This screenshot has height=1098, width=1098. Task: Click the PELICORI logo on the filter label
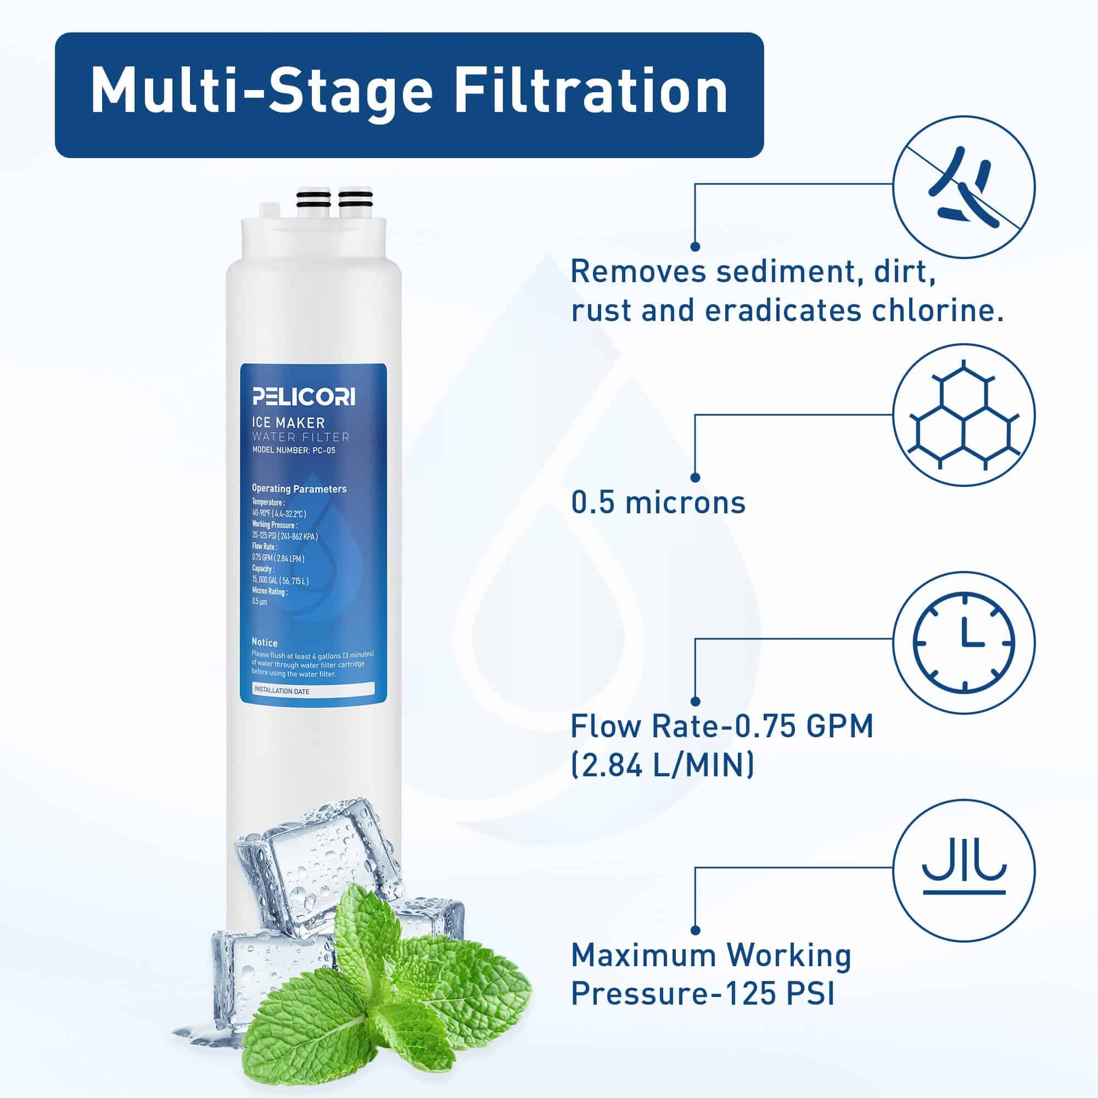click(x=304, y=397)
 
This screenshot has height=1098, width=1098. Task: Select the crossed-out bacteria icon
click(x=964, y=187)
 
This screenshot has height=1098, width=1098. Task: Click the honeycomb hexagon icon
click(x=964, y=414)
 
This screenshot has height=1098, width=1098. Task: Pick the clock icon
click(x=964, y=642)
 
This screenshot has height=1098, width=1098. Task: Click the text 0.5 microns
click(x=658, y=502)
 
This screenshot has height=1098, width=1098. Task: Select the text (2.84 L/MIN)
click(x=663, y=765)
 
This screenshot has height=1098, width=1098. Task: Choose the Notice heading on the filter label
click(x=265, y=643)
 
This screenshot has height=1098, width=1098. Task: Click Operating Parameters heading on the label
click(x=299, y=489)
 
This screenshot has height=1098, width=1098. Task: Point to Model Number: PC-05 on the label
click(x=294, y=451)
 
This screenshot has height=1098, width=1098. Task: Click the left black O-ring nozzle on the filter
click(x=313, y=200)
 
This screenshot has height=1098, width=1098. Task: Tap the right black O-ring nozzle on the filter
click(x=355, y=200)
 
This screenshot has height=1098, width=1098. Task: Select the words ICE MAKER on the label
click(x=288, y=422)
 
